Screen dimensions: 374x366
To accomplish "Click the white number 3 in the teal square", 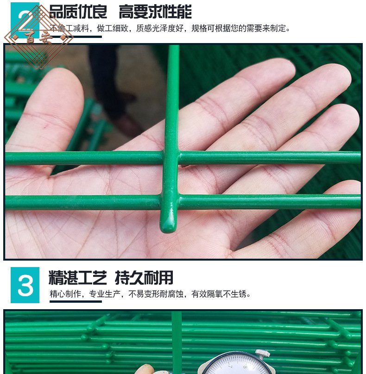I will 25,286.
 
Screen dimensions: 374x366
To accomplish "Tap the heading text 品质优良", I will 78,11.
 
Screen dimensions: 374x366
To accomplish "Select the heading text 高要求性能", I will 155,11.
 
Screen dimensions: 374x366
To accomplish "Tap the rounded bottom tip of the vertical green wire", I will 168,227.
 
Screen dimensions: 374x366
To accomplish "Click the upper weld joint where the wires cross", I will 171,157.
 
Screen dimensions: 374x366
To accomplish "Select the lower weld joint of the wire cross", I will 170,202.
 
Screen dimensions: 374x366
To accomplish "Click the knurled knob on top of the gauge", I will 263,354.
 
